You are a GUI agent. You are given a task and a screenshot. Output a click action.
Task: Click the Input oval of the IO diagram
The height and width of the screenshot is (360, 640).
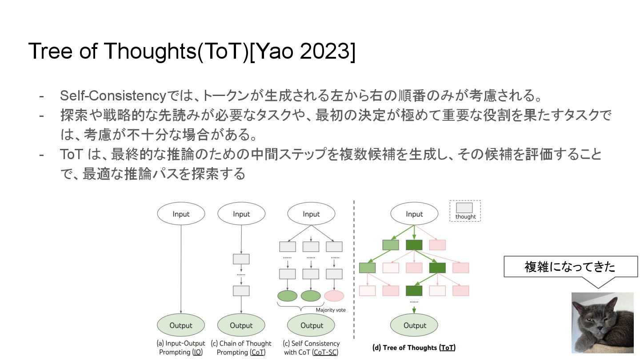[x=181, y=214]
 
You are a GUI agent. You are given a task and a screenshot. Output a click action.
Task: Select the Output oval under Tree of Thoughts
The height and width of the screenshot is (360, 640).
[x=414, y=325]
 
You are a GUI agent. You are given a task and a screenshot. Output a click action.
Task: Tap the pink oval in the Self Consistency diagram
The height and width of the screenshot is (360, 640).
[x=334, y=296]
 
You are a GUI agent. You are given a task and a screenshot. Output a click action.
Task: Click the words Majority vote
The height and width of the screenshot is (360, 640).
[x=331, y=310]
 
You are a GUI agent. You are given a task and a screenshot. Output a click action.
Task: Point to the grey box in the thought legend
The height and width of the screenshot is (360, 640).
[x=465, y=208]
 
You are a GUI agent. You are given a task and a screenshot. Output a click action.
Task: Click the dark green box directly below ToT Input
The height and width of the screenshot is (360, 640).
[x=414, y=244]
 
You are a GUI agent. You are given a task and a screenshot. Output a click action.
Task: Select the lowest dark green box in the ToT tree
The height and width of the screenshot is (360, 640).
[x=414, y=291]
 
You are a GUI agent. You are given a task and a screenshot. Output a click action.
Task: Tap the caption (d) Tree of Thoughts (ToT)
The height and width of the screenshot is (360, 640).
[x=414, y=348]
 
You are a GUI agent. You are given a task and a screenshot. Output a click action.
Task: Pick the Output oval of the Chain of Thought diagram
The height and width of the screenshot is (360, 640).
[x=241, y=325]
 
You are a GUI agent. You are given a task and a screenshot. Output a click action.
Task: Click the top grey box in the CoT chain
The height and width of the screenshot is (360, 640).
[x=241, y=259]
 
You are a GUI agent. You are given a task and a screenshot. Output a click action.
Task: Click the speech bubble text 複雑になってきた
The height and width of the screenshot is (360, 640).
[x=570, y=267]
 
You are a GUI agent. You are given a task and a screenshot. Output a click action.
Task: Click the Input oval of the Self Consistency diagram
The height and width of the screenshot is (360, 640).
[x=311, y=214]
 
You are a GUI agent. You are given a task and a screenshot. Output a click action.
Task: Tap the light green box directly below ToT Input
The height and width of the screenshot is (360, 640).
[x=390, y=244]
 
